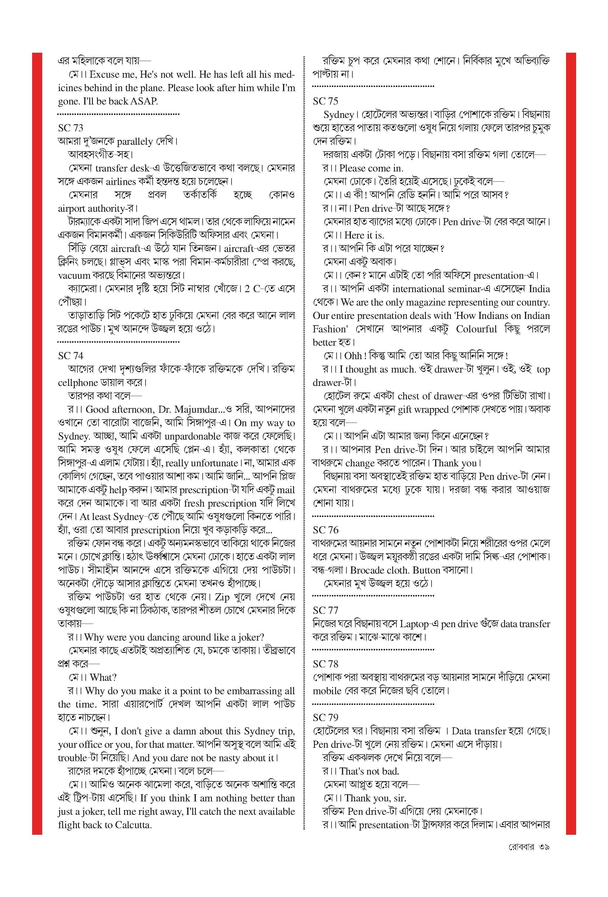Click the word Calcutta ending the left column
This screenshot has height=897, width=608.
pos(132,825)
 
